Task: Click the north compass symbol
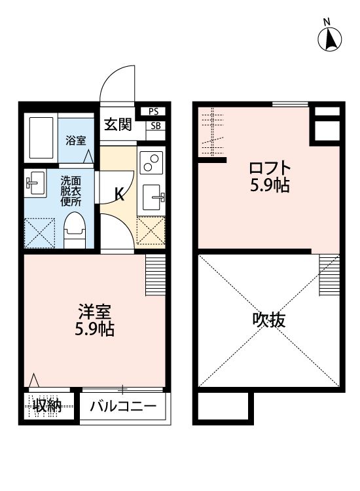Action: pos(331,39)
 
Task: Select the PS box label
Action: pos(154,112)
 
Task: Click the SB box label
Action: pos(154,126)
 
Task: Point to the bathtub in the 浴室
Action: pos(41,137)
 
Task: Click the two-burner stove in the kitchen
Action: pos(151,162)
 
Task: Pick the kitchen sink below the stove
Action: pos(153,194)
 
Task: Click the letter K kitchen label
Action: pos(119,194)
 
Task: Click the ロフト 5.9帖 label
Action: pos(270,176)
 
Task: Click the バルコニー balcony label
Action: pos(123,407)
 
